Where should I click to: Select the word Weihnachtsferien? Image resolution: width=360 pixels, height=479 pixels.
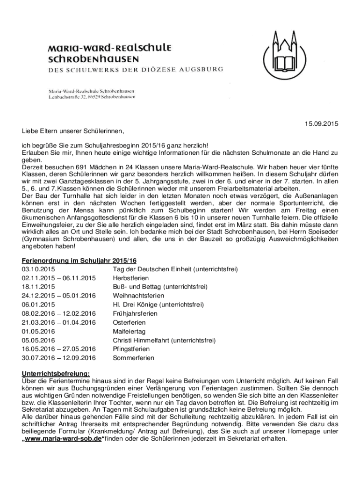tap(138, 296)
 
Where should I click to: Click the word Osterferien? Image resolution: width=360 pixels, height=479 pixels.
tap(126, 323)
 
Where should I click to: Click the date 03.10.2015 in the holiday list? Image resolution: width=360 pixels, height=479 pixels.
tap(38, 269)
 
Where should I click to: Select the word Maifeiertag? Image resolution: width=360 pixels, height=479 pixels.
tap(127, 332)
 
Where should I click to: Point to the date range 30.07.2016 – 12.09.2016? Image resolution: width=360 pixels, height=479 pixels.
tap(58, 358)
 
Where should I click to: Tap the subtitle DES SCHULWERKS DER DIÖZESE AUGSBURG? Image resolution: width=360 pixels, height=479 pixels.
tap(135, 70)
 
